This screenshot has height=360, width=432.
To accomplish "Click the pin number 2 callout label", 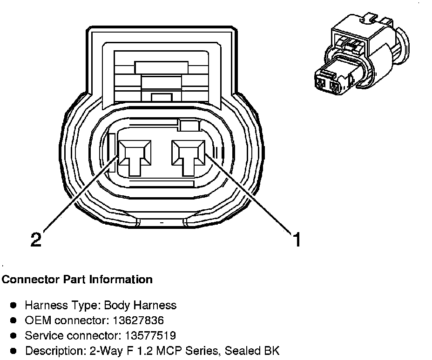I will pos(36,240).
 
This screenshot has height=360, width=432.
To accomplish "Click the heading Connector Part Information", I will pos(77,280).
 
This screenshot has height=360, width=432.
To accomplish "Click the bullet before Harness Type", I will pos(13,306).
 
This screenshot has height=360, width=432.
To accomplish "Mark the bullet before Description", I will pos(13,351).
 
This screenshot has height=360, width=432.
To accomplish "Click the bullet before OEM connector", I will pos(13,320).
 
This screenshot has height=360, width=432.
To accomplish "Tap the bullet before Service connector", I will pos(13,335).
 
